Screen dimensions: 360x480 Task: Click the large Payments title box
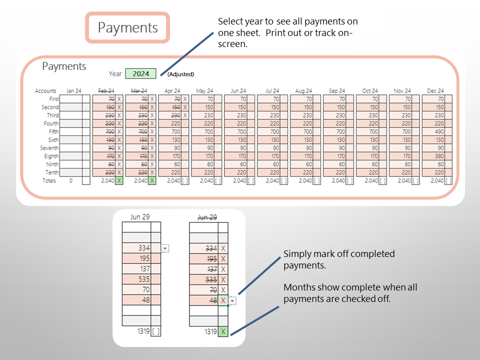(x=128, y=27)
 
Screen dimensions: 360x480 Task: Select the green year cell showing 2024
(x=140, y=73)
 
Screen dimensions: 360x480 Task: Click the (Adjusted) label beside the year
(x=180, y=74)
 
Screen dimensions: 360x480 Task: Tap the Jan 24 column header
(x=73, y=91)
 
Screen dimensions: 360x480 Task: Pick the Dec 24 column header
(x=435, y=91)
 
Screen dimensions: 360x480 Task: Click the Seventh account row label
(x=49, y=148)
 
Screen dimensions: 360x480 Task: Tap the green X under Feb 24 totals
(x=119, y=180)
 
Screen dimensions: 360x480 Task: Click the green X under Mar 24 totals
(x=152, y=180)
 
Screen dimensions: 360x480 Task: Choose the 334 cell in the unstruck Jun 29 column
(x=136, y=248)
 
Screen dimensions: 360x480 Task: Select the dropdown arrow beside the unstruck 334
(x=165, y=248)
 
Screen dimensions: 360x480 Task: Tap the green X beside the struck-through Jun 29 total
(x=223, y=331)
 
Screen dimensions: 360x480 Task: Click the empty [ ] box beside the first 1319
(x=155, y=331)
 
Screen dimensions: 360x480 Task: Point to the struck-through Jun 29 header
(x=207, y=217)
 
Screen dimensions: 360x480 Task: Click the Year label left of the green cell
(x=115, y=74)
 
